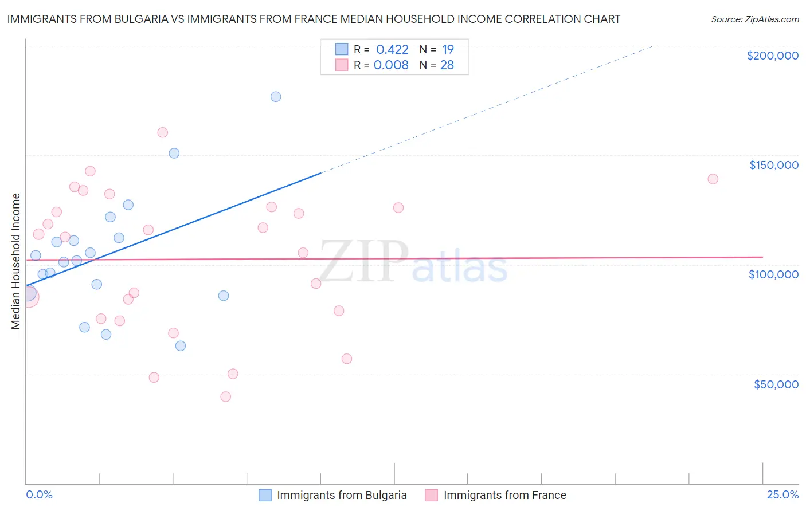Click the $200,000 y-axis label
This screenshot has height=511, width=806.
click(x=772, y=56)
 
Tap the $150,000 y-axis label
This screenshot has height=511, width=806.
click(x=773, y=165)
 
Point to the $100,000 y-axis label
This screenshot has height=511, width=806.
click(x=773, y=274)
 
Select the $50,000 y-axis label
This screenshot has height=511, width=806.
click(x=776, y=384)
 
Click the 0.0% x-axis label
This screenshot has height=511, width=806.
click(x=39, y=495)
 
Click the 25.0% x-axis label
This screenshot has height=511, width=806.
click(x=782, y=495)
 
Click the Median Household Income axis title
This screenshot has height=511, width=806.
click(x=16, y=261)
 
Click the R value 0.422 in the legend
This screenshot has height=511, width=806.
click(x=392, y=50)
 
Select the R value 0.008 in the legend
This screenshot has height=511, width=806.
click(x=391, y=65)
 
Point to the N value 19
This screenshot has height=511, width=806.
click(x=448, y=50)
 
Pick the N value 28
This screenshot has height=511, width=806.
click(x=447, y=65)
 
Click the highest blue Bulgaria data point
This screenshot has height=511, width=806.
click(x=276, y=97)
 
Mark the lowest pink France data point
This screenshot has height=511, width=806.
click(x=226, y=397)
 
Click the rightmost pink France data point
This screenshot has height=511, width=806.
click(x=713, y=179)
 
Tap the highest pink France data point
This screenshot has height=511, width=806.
click(x=163, y=133)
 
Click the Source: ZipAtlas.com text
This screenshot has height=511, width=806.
click(x=754, y=19)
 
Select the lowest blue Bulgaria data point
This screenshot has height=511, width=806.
click(x=181, y=346)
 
